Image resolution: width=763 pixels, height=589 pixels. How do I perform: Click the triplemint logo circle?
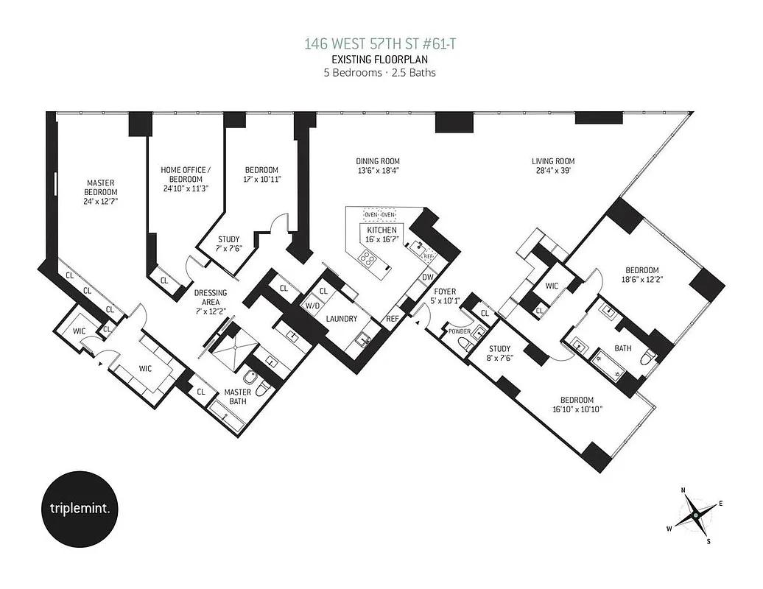(x=78, y=509)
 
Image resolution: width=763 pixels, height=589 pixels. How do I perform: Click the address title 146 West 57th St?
(x=381, y=44)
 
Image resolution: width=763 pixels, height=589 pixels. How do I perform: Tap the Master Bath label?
(x=238, y=397)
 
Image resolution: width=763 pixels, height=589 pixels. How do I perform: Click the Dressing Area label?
(x=210, y=297)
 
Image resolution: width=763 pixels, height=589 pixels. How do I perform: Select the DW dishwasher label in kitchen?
(x=427, y=278)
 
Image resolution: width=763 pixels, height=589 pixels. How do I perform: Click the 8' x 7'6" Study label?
(x=499, y=354)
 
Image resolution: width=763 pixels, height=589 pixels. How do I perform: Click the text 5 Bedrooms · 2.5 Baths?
(x=381, y=72)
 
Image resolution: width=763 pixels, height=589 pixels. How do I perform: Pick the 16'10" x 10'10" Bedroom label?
(x=578, y=405)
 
